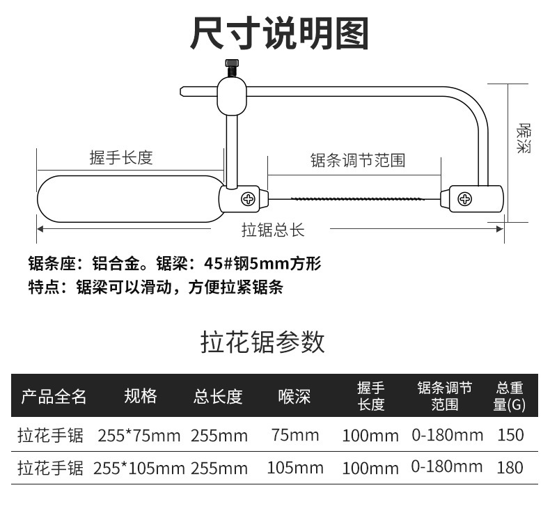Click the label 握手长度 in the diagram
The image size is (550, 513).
click(x=121, y=158)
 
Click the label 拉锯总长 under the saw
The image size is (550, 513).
click(x=273, y=230)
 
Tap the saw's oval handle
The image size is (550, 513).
click(x=129, y=199)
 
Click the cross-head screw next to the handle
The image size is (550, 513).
click(x=248, y=200)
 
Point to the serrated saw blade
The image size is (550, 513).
click(x=356, y=200)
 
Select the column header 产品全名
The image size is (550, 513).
click(x=54, y=396)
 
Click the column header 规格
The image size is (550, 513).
click(x=140, y=396)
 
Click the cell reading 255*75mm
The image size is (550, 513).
click(x=139, y=436)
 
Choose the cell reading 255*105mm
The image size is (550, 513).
click(x=139, y=468)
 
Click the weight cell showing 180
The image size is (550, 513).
click(x=510, y=467)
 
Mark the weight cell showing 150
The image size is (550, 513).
click(x=510, y=436)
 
